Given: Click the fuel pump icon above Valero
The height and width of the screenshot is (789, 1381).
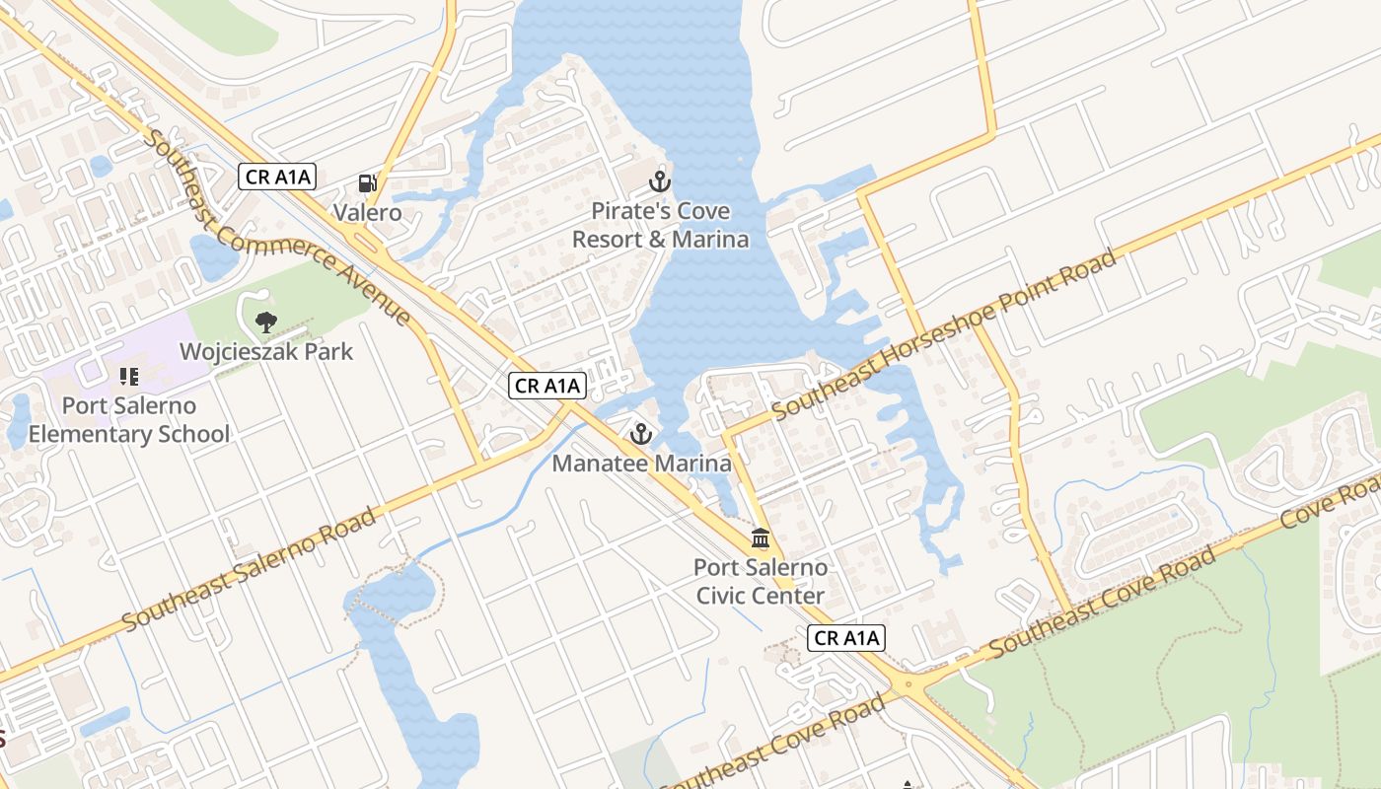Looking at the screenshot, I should coord(368,183).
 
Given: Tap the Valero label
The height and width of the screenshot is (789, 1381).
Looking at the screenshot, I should coord(367,212).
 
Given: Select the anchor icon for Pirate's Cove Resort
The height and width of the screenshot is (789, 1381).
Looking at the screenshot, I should coord(660,181).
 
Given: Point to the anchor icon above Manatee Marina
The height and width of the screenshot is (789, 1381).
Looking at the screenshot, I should coord(641,434).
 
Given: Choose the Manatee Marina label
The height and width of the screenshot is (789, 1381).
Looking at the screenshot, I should coord(641,463).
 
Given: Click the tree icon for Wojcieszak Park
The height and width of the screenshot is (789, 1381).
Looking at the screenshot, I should coord(265,321).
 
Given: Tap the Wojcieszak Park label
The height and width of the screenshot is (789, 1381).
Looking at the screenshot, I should coord(265,351).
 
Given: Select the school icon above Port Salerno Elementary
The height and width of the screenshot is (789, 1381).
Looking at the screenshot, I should coord(128,376).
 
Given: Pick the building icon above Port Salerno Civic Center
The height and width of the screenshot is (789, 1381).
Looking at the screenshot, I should coord(761,538).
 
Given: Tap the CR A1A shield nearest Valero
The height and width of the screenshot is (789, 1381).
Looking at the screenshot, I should coord(278,178).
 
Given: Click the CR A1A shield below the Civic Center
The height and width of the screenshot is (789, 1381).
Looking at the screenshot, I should coord(846,638).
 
